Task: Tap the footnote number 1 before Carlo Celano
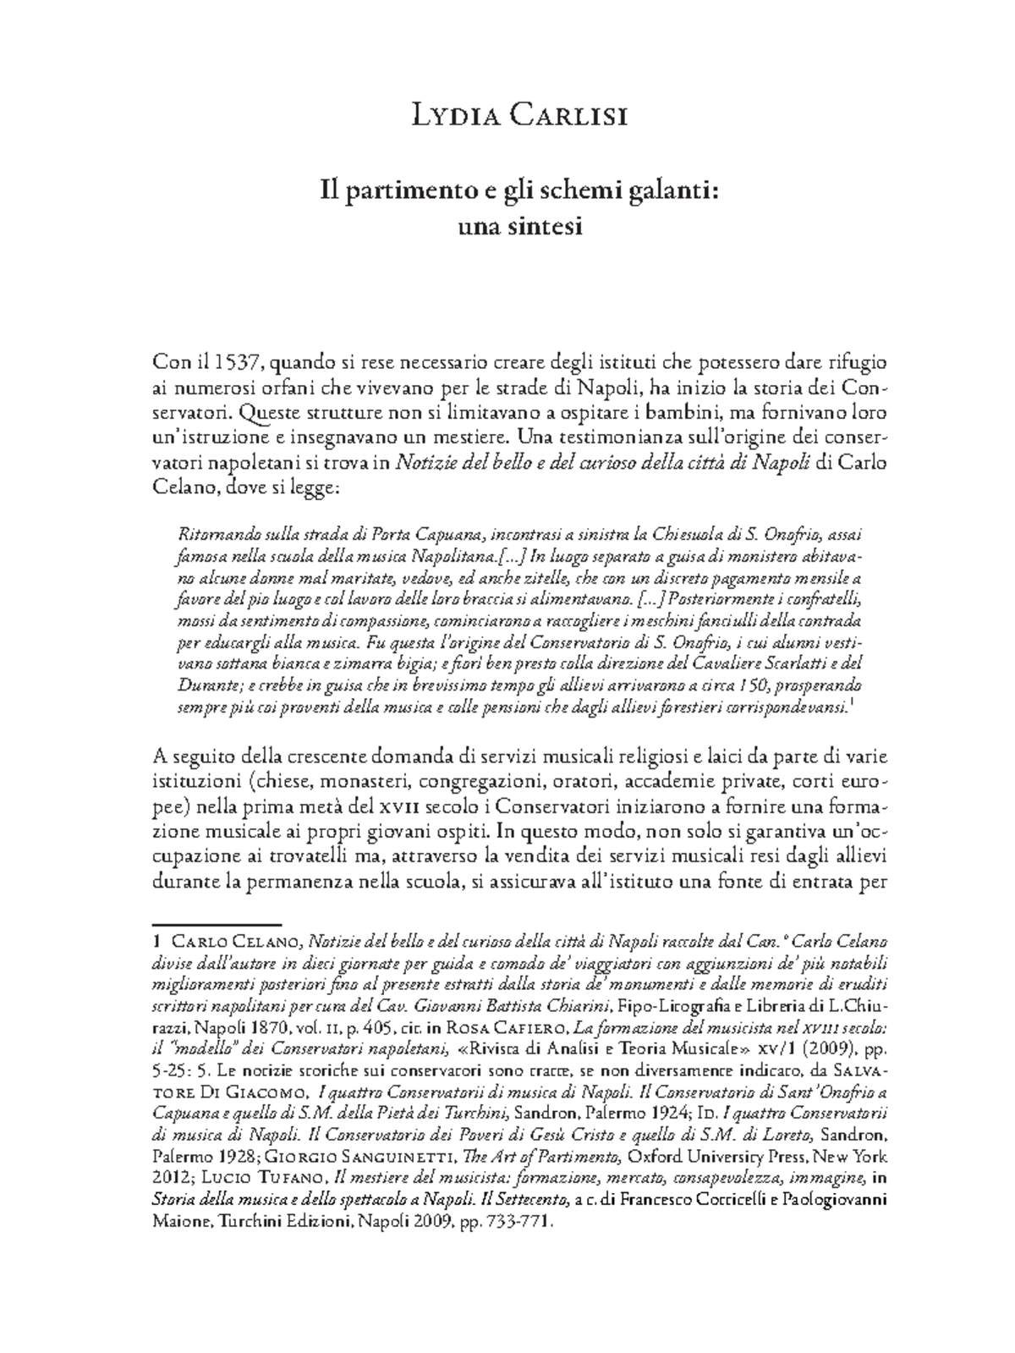(x=157, y=941)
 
